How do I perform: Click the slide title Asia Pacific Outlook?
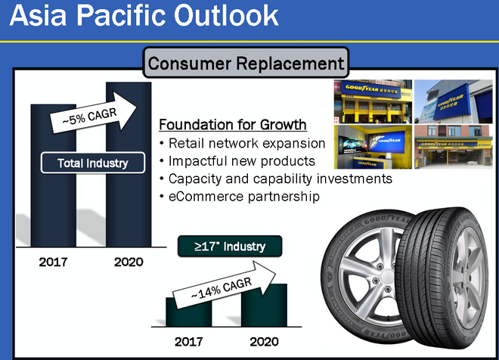144,15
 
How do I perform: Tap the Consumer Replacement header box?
246,63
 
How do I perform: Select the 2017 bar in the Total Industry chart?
54,175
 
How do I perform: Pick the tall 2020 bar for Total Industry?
129,164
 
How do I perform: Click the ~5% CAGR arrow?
93,113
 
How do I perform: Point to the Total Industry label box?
93,163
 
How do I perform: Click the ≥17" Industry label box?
230,246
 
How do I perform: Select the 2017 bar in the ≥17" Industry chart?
189,312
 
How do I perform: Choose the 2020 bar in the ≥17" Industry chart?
264,306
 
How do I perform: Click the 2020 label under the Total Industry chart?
129,262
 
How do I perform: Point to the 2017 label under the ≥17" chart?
189,342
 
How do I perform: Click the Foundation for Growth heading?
233,125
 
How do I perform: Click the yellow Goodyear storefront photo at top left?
373,101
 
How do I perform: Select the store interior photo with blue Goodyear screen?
373,147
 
